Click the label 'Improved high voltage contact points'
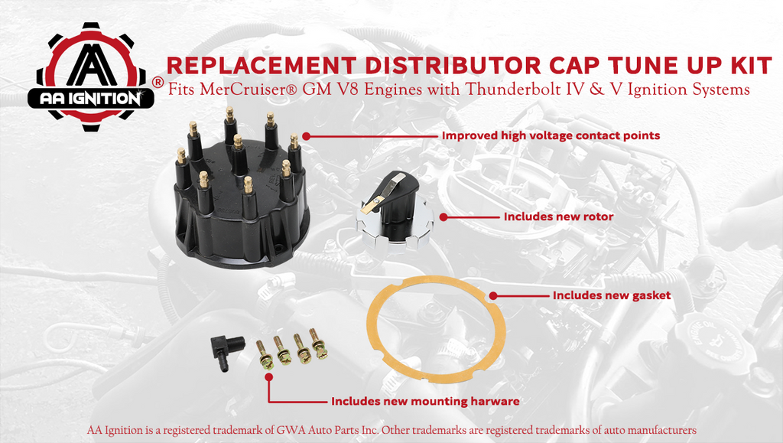tap(551, 135)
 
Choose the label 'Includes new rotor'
tap(558, 217)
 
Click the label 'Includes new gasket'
tap(612, 295)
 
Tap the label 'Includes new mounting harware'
tap(425, 401)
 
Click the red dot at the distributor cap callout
tap(305, 135)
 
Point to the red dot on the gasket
tap(493, 295)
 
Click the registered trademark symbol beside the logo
tap(158, 81)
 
